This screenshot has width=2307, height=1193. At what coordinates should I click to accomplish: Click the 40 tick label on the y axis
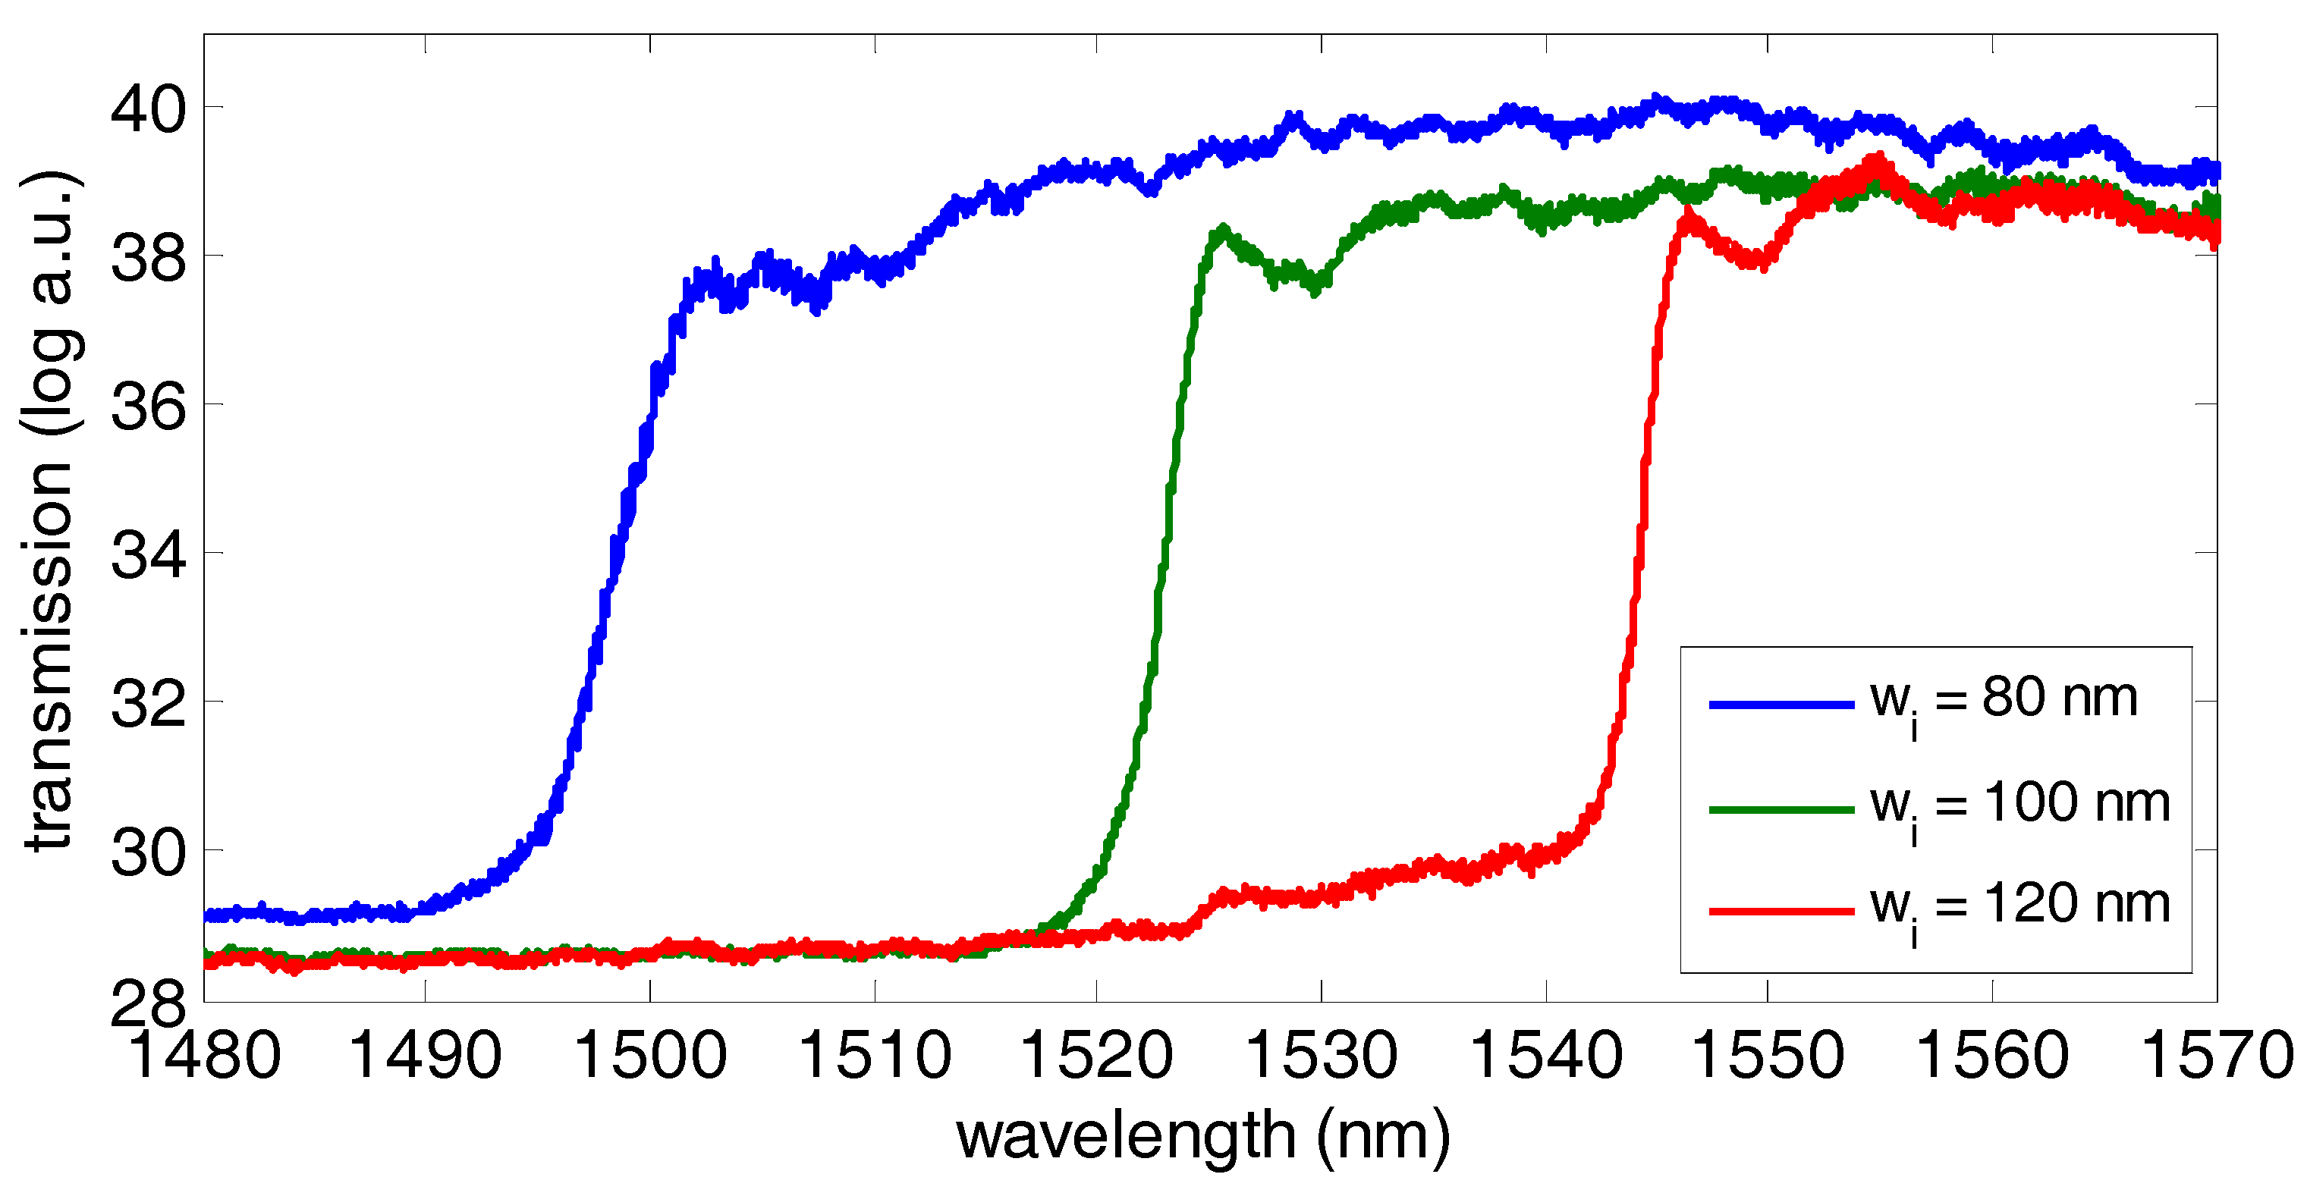(x=148, y=110)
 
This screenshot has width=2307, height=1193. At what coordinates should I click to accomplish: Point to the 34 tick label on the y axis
(x=148, y=555)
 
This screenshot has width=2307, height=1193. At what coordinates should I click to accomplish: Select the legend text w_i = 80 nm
(x=2004, y=699)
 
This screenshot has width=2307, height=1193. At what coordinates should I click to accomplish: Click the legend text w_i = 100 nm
(x=2019, y=804)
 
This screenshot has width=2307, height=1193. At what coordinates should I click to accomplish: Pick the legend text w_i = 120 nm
(x=2019, y=906)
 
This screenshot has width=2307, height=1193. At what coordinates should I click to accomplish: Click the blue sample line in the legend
(x=1781, y=705)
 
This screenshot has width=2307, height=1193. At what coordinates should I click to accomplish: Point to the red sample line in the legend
(x=1781, y=911)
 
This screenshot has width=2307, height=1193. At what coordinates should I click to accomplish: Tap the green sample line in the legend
(x=1781, y=810)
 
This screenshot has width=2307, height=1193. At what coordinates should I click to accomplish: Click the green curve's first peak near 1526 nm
(x=1221, y=231)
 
